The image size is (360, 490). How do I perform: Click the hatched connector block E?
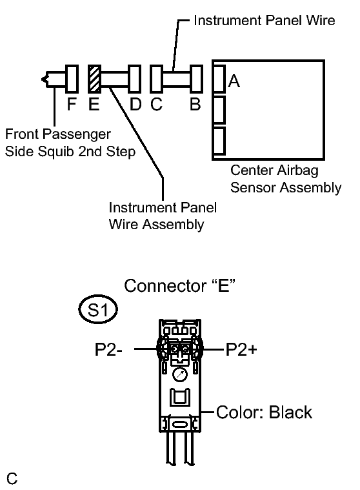click(x=94, y=79)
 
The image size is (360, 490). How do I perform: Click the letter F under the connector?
click(x=72, y=104)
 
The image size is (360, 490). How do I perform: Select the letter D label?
click(x=135, y=104)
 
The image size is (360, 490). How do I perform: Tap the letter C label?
click(x=156, y=104)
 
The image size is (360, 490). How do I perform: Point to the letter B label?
click(x=195, y=104)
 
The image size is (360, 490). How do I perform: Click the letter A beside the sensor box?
click(x=234, y=81)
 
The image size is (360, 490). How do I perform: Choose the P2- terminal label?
click(x=108, y=349)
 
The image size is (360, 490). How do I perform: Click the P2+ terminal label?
click(x=241, y=349)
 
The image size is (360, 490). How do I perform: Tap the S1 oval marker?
click(x=98, y=310)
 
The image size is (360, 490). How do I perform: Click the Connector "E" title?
click(x=179, y=285)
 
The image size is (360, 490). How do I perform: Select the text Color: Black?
click(x=264, y=412)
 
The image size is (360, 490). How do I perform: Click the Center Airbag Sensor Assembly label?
click(x=286, y=179)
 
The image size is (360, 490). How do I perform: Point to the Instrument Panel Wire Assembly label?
click(x=163, y=216)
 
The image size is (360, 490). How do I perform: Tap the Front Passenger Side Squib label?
click(x=70, y=143)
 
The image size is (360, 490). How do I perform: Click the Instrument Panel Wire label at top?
click(x=264, y=21)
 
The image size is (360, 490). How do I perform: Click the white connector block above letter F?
click(x=72, y=79)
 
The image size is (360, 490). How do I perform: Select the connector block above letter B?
click(x=196, y=79)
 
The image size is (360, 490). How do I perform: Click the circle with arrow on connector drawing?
click(x=179, y=374)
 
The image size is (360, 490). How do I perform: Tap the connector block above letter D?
click(x=135, y=79)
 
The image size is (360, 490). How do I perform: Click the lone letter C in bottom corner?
click(x=12, y=478)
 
